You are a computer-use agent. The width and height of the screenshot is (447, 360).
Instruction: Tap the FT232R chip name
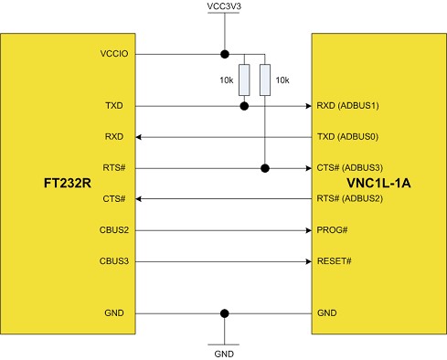click(68, 184)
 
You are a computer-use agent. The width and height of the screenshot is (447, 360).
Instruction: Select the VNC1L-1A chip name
click(378, 184)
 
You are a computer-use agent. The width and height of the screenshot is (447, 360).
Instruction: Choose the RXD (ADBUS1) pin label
click(347, 106)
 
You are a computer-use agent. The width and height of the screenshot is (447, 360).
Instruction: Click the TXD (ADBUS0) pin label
click(347, 137)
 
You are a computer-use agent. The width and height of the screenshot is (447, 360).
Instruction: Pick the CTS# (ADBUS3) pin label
click(347, 168)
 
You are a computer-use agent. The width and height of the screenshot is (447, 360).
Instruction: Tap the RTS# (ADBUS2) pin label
click(347, 198)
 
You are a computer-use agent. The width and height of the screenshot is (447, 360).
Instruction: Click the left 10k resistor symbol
click(244, 80)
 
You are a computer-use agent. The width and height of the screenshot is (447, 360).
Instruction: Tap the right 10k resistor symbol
click(265, 80)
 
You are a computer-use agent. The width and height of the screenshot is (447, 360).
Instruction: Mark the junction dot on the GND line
click(224, 313)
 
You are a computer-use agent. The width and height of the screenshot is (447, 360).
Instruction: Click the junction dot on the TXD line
click(244, 106)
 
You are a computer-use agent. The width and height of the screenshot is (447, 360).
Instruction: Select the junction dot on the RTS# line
click(265, 168)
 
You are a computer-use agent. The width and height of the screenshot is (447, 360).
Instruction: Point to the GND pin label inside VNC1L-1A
click(326, 313)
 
